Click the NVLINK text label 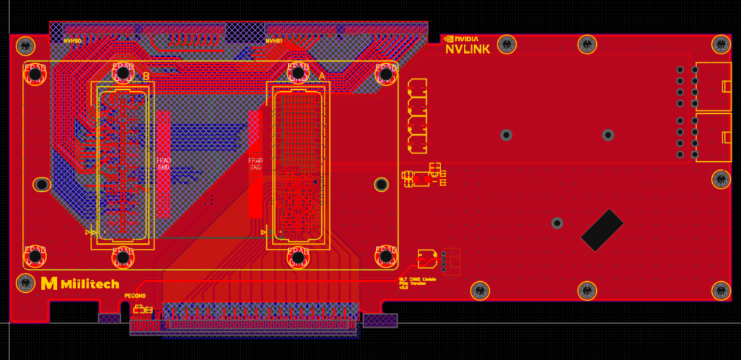click(x=467, y=49)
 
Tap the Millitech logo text click(x=89, y=284)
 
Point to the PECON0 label click(x=135, y=296)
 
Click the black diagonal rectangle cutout click(x=602, y=229)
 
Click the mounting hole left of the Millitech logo click(x=25, y=283)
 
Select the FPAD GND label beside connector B click(x=164, y=164)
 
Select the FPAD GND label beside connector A click(x=255, y=164)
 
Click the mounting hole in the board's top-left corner click(x=25, y=46)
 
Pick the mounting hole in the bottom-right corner click(x=720, y=291)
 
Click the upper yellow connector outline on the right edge click(x=714, y=86)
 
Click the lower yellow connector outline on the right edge click(x=714, y=137)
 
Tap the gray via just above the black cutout click(x=557, y=223)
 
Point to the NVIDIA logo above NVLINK click(x=460, y=39)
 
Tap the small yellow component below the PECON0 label click(x=142, y=309)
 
